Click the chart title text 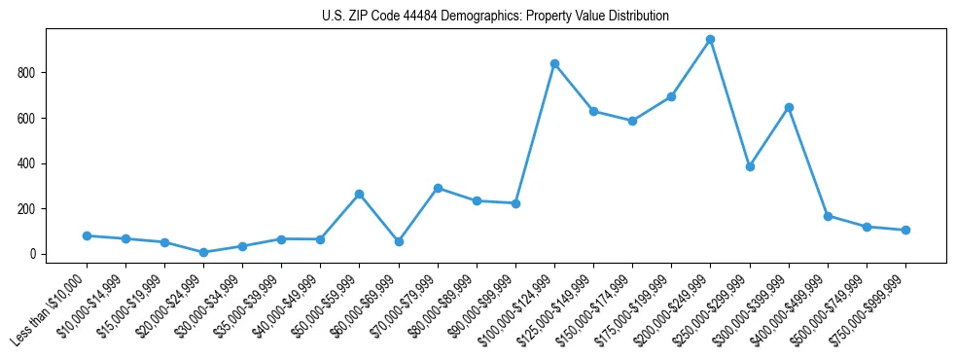[495, 17]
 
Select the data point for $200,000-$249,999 [711, 40]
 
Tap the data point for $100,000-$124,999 [554, 63]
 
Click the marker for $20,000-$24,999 [203, 252]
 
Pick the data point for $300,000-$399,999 [789, 107]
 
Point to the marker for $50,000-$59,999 [360, 194]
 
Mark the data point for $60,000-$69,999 [399, 241]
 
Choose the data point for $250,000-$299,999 [750, 166]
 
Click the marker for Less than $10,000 [87, 235]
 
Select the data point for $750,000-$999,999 [905, 230]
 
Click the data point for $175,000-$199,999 [672, 96]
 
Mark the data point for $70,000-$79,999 [438, 188]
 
